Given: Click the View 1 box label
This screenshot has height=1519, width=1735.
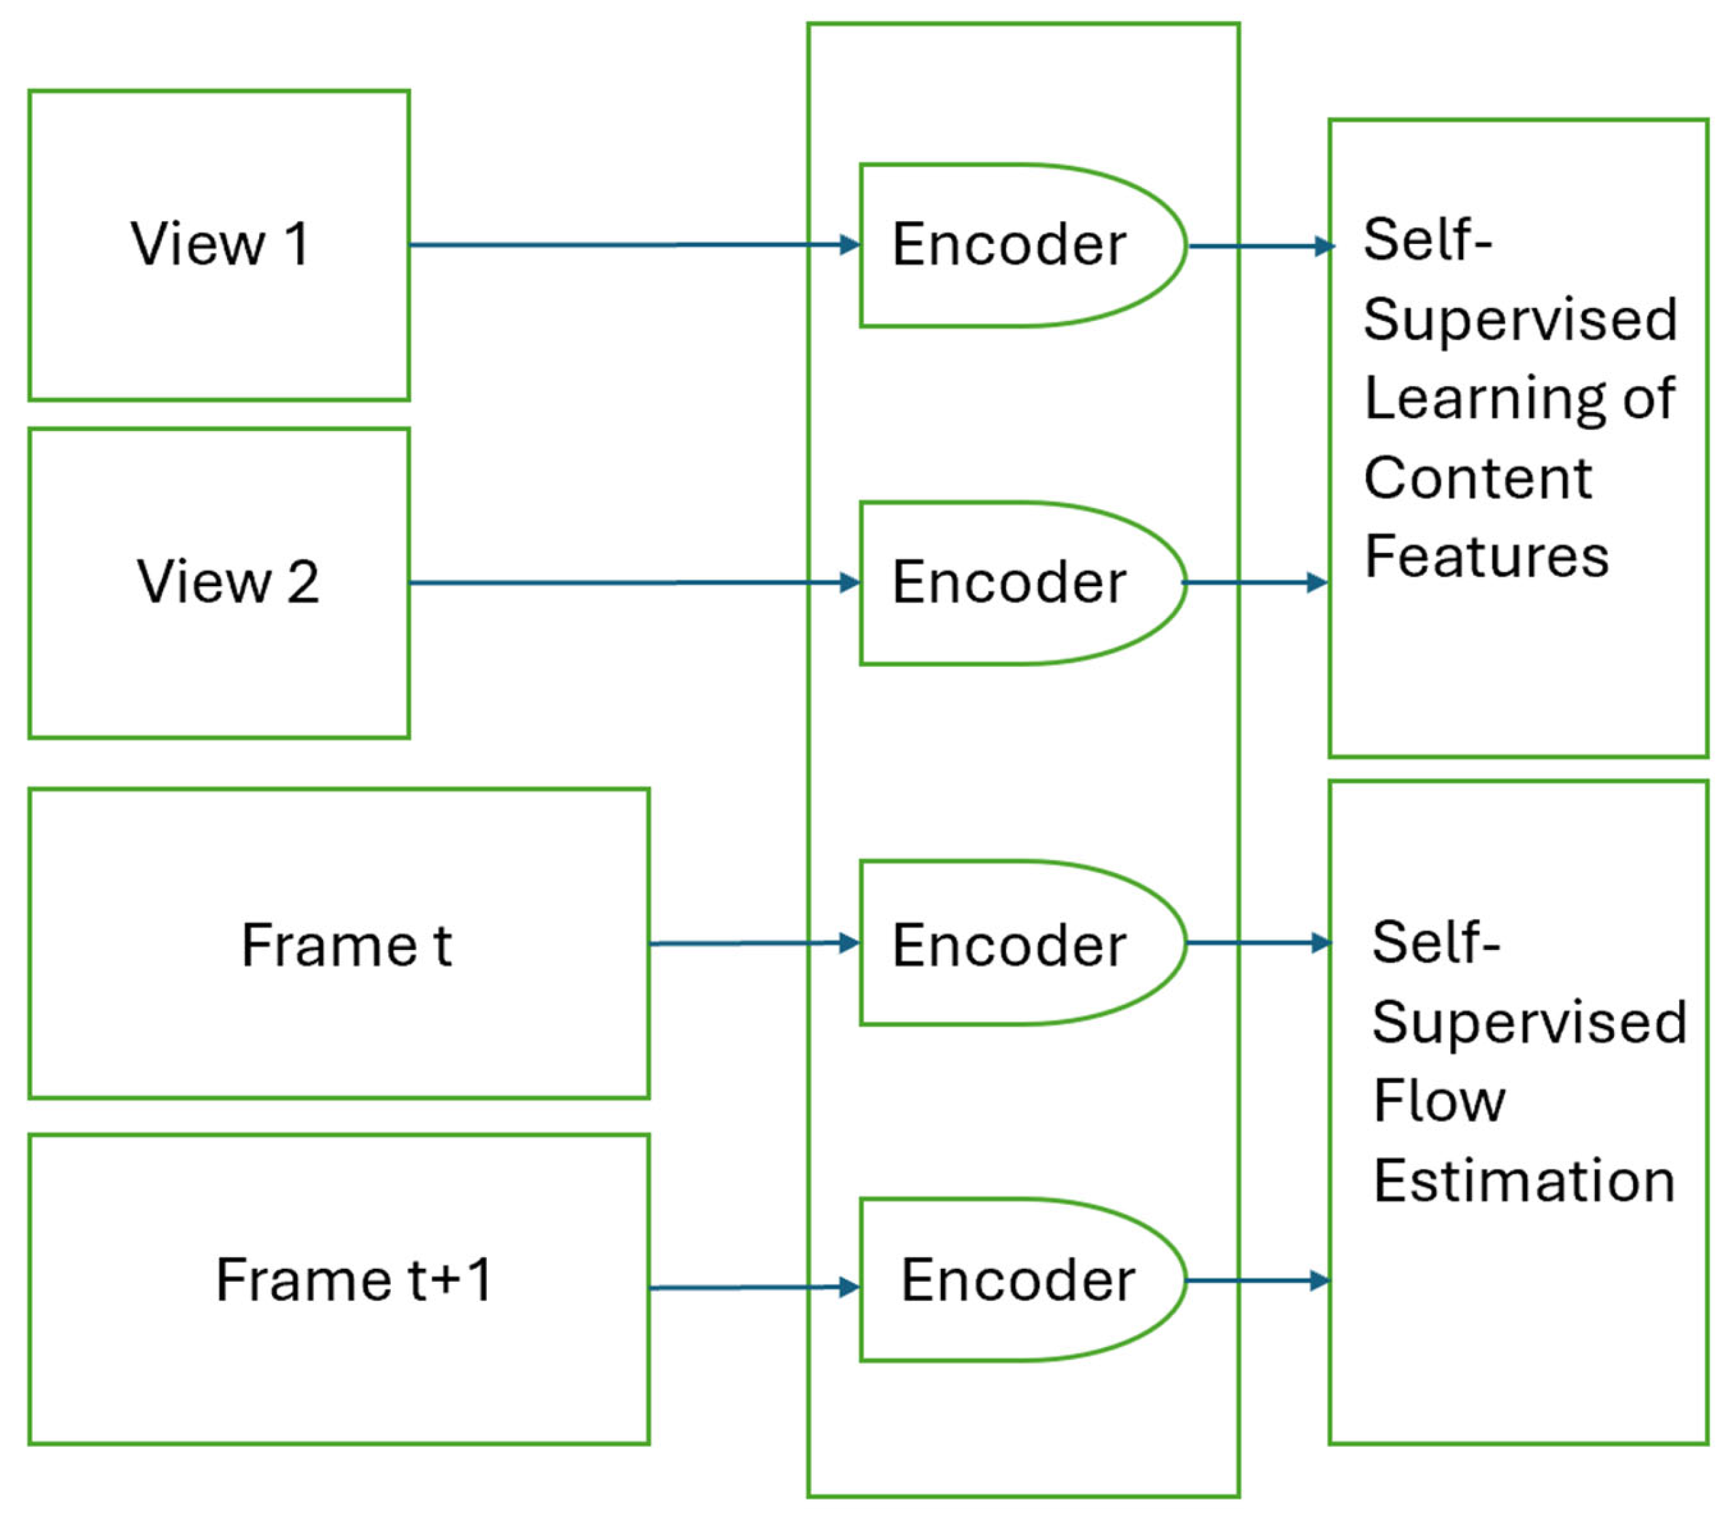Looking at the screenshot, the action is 220,244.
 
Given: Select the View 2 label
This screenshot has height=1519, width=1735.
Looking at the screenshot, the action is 228,581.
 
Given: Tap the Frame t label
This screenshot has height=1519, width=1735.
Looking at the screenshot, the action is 347,944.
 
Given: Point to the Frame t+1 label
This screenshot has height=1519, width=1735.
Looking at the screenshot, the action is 354,1279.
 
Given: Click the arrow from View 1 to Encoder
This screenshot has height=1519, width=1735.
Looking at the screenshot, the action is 635,245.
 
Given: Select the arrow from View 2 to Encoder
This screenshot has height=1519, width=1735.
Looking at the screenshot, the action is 635,582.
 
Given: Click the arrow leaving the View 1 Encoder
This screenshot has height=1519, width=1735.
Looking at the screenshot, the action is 1262,247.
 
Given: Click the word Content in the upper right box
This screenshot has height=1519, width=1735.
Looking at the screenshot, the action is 1478,478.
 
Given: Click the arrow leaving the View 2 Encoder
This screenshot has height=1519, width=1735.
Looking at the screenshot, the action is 1255,582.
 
